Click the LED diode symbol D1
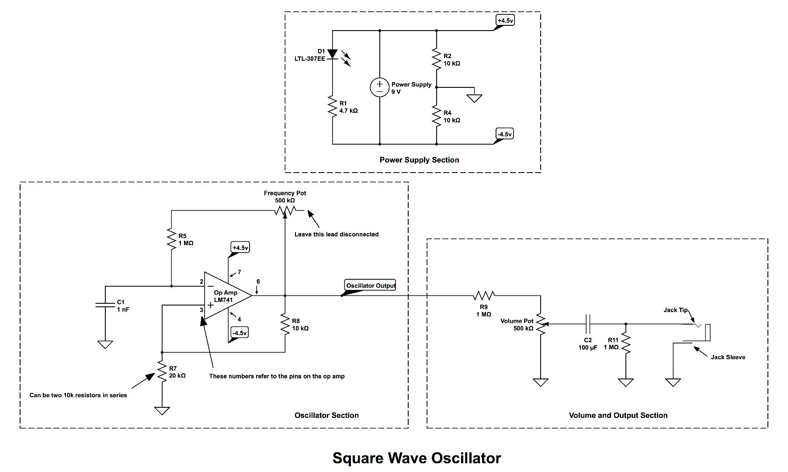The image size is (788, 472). pos(333,54)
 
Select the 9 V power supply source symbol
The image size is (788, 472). pos(379,87)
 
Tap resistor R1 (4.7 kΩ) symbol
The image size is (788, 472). pos(333,107)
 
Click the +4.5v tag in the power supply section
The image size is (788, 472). pos(505,20)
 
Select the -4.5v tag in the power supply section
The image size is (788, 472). pos(505,134)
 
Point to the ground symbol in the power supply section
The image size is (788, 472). pos(474,98)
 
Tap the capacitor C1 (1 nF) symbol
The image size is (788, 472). pos(105,305)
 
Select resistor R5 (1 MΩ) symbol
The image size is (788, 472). pos(171,239)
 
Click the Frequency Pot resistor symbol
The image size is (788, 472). pos(285,211)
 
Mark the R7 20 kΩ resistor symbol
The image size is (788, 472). pos(162,372)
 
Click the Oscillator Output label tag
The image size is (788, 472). pos(370,285)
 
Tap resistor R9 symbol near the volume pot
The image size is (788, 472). pos(484,296)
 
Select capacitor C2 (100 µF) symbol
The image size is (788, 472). pos(588,324)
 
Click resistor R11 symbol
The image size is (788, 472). pos(626,344)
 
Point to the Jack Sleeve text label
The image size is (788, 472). pos(728,357)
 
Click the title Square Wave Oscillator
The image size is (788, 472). pos(417,458)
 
